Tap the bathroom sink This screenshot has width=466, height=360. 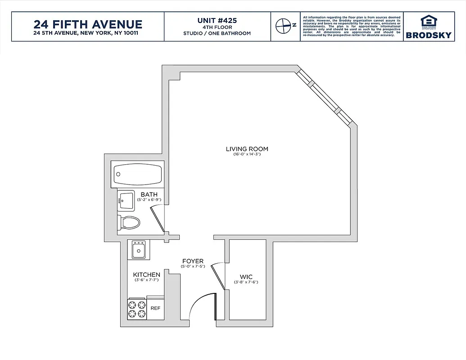coord(127,200)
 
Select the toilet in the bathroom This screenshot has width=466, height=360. coord(129,222)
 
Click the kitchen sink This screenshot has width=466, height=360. coord(139,250)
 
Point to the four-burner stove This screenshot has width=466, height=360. coord(137,309)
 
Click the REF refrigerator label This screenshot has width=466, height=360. coord(155,308)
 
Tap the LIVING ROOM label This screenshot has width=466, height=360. coord(247,149)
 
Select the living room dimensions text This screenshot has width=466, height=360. coord(247,154)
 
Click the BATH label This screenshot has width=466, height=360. coord(149,194)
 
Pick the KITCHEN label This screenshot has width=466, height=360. coord(146,274)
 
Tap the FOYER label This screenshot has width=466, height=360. coord(193,261)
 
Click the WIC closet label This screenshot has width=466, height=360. coord(245,277)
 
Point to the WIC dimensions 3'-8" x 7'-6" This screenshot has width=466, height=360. coord(245,282)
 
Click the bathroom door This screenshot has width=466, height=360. coord(158,219)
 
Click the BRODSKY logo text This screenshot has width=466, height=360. coord(428,35)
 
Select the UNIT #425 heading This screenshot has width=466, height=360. coord(217,20)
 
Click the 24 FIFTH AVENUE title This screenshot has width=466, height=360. coord(88,24)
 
